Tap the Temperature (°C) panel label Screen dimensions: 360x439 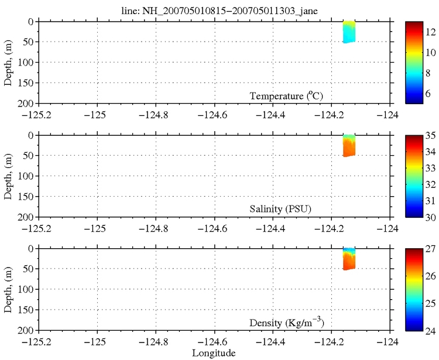[x=286, y=96]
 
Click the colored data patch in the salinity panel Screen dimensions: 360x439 [x=349, y=146]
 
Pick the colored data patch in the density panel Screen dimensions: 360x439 [x=349, y=259]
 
